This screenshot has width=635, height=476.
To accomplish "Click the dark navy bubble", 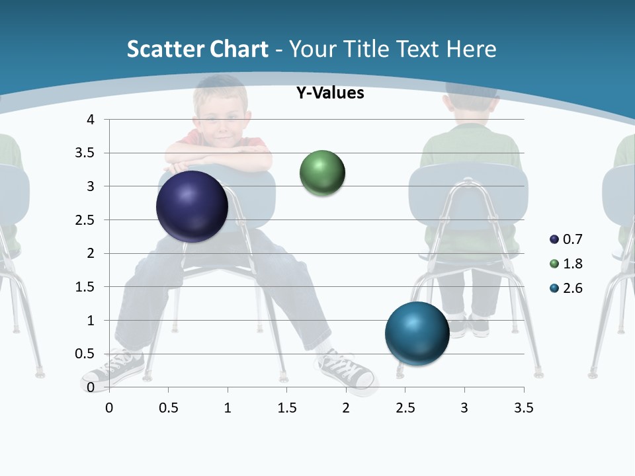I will point(192,206).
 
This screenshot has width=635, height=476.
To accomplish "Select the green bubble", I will point(322,173).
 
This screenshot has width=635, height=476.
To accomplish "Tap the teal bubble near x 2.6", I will point(417,333).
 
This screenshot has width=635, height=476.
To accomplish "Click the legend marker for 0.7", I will point(554,239).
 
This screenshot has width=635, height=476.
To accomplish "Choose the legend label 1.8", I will point(572,264).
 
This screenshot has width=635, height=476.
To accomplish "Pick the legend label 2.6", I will point(572,288).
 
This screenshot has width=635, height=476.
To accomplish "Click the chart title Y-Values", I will point(329,93).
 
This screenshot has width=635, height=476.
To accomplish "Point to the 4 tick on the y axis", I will point(91,120).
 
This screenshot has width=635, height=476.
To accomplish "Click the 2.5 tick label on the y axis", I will point(86,220).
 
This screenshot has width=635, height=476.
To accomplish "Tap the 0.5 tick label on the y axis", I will point(86,354).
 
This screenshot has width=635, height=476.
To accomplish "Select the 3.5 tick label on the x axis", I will point(523,408).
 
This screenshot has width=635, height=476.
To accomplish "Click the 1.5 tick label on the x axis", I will point(286,408).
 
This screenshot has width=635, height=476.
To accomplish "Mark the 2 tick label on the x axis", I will point(345,408).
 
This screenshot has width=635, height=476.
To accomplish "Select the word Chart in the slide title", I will point(239,49).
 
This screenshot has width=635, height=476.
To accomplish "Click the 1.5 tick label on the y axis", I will point(86,287).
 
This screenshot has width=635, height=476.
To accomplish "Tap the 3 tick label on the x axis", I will point(464,408).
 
